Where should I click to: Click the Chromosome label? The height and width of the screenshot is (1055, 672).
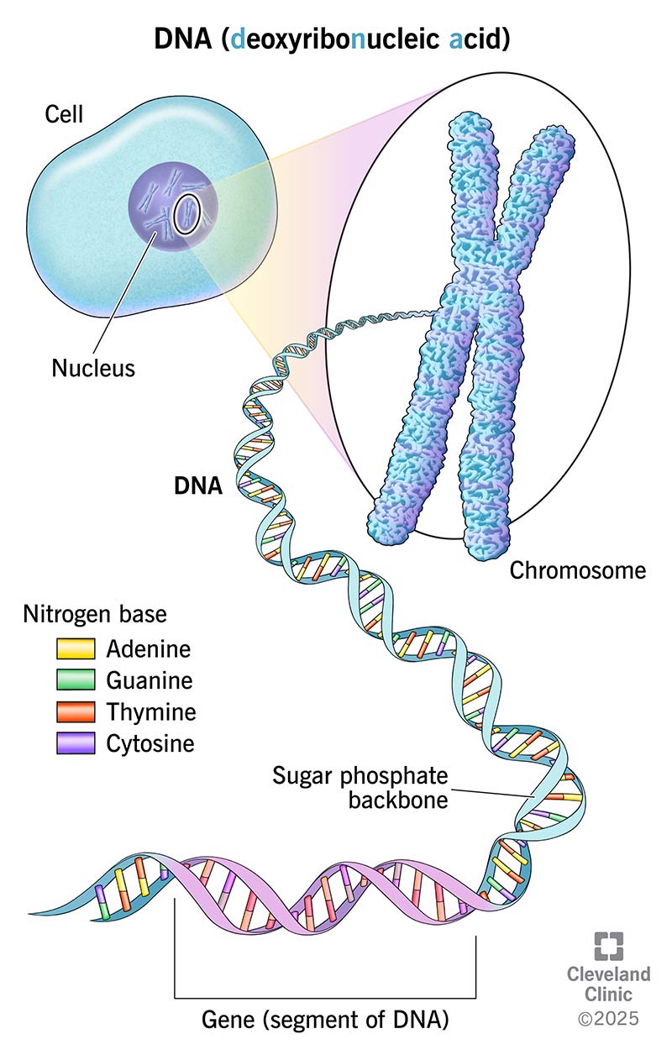[578, 570]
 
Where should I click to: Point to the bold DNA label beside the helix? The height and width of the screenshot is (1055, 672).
[197, 486]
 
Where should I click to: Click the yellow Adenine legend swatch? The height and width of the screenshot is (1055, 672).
[75, 649]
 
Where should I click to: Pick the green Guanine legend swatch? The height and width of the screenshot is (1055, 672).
[75, 680]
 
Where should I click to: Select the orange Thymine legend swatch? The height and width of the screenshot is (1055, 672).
[75, 712]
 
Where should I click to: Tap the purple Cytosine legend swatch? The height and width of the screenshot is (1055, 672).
[75, 743]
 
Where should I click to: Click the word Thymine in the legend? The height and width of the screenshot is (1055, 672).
[151, 712]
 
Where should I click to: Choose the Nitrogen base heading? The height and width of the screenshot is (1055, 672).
[93, 614]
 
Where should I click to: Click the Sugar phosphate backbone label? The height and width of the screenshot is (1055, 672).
[361, 786]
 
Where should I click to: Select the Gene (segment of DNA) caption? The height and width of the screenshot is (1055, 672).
[325, 1021]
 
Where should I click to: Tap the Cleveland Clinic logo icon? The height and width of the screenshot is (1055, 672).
[609, 946]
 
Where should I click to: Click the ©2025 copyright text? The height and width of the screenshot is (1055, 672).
[608, 1018]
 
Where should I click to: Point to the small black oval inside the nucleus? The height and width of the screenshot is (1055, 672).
[186, 215]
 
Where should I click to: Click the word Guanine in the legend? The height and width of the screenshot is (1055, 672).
[150, 680]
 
